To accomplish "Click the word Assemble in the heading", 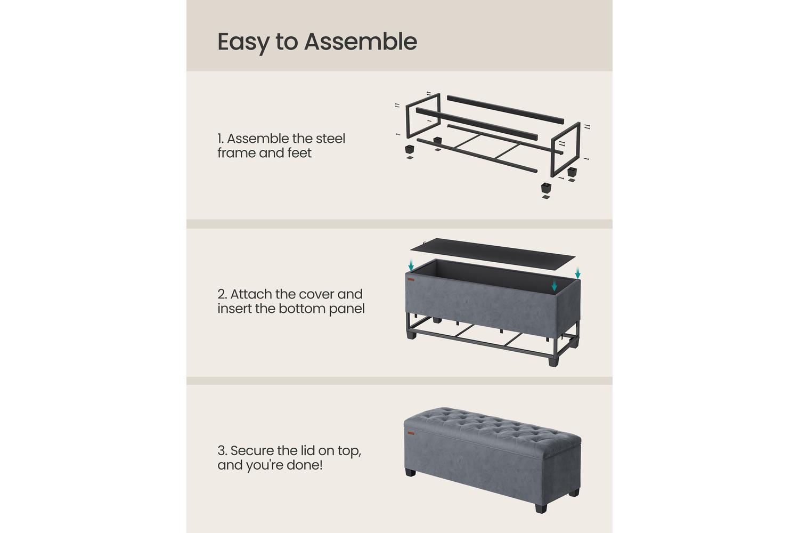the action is pos(360,42).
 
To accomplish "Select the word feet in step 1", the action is pos(299,153).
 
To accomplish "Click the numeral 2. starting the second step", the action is pos(222,295).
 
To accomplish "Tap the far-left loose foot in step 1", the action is pos(410,149).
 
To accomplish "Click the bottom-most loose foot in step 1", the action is pos(546,188).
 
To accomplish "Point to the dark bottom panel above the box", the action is pos(493,255).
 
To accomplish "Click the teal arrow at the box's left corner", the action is pos(411,265).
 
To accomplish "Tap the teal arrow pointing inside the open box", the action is pos(554,285).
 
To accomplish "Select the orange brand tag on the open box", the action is pos(411,279).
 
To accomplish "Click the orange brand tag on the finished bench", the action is pos(411,433).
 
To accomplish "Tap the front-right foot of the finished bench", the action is pos(541,507).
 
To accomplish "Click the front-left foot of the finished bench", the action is pos(411,472).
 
